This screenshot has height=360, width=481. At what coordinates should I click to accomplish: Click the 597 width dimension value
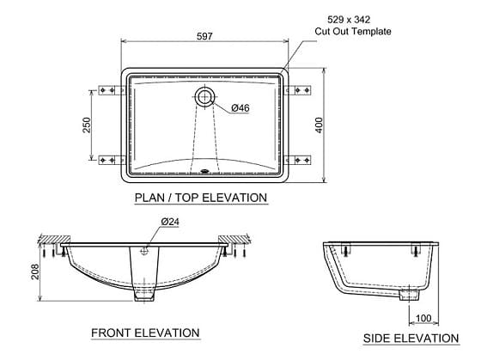(x=204, y=35)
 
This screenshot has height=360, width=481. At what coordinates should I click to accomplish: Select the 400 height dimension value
(x=319, y=125)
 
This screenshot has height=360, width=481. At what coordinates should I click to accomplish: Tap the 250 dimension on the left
(x=87, y=125)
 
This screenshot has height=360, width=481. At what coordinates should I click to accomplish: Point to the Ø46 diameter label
(x=240, y=107)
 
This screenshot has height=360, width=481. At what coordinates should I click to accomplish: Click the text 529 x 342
(x=352, y=18)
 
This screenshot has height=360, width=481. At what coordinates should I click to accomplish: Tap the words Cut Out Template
(x=352, y=31)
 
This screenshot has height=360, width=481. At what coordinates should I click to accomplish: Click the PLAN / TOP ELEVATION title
(x=201, y=198)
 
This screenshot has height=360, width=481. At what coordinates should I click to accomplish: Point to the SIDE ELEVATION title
(x=411, y=338)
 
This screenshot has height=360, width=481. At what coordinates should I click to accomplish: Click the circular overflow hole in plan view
(x=204, y=95)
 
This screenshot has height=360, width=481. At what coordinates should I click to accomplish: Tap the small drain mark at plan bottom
(x=204, y=170)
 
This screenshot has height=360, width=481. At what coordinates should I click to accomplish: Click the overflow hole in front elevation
(x=145, y=251)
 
